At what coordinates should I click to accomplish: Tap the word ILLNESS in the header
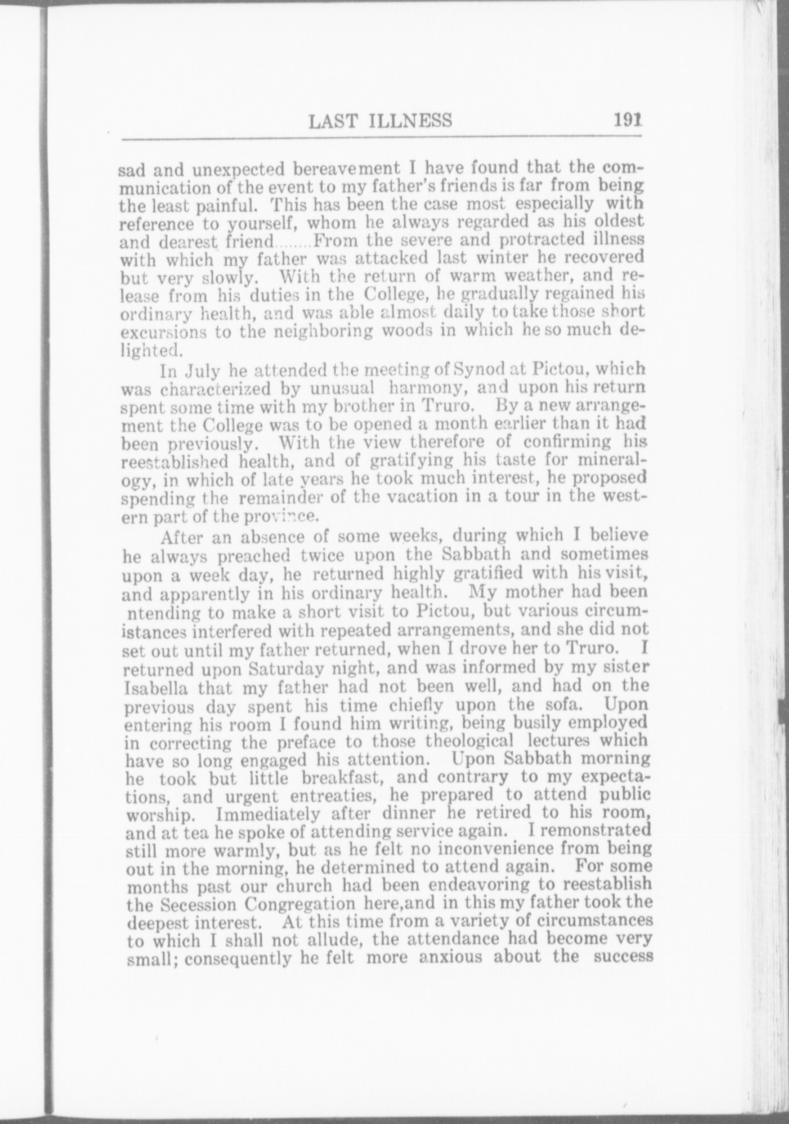coord(408,121)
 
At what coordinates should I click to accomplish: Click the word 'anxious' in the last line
coord(451,957)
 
